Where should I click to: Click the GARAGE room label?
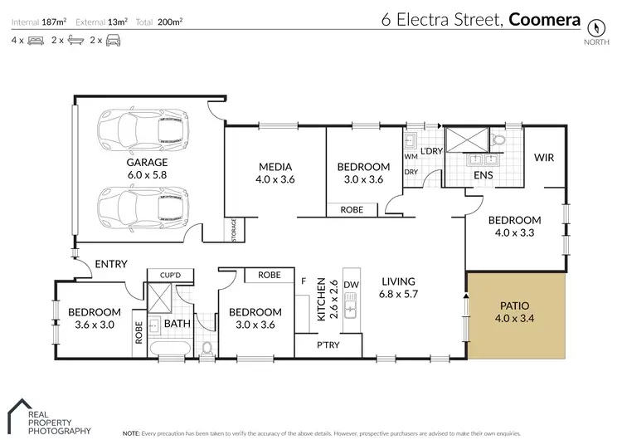147,163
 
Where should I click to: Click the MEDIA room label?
275,166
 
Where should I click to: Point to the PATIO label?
515,305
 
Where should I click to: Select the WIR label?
544,157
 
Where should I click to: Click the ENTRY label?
111,264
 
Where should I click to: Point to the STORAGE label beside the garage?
235,232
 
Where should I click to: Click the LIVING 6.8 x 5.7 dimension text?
398,294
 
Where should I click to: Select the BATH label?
176,323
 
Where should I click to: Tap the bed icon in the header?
36,39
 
